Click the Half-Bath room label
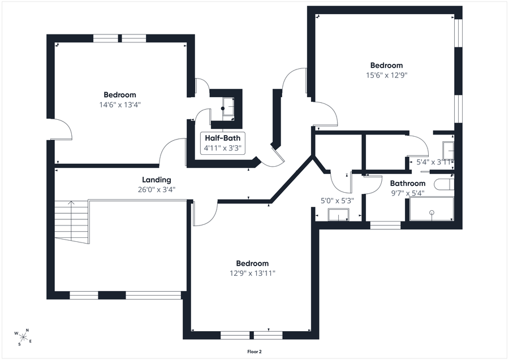[x=223, y=138]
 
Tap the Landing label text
[x=157, y=180]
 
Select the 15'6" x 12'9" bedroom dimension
[x=387, y=75]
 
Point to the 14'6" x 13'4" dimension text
[x=120, y=105]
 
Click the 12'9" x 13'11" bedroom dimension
[x=252, y=273]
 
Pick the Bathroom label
[x=407, y=183]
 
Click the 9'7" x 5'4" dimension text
[x=407, y=193]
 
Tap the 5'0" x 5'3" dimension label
[x=337, y=201]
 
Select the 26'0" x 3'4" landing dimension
[x=157, y=189]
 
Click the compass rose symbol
[x=23, y=337]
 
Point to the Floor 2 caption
[x=254, y=352]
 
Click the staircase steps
[x=71, y=222]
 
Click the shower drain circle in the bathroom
[x=432, y=212]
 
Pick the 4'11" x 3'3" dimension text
[x=223, y=148]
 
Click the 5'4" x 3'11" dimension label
[x=434, y=162]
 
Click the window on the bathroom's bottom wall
[x=385, y=225]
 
